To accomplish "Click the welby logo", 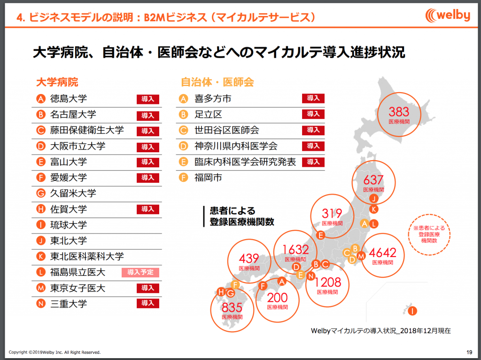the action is pos(448,16).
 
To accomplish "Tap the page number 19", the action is pos(469,352).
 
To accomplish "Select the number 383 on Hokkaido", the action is pos(399,112).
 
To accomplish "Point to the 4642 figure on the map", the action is pos(382,253).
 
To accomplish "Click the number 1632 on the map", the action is pos(295,250).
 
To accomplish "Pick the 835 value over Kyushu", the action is pos(232,307).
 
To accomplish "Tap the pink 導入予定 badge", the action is pos(140,272).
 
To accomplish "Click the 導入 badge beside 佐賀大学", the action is pos(148,209).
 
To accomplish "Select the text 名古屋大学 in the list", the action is pos(73,115).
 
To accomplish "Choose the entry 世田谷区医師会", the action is pos(227,130).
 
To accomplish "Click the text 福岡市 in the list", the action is pos(208,178).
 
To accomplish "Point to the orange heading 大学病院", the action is pos(57,82).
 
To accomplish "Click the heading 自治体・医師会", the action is pos(217,82).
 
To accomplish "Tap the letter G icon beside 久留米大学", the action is pos(40,193).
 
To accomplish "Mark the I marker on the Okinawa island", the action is pos(412,311).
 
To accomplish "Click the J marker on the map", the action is pos(373,199).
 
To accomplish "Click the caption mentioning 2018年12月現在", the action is pos(380,331).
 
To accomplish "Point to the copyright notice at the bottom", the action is pos(54,352).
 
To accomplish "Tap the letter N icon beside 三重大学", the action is pos(40,304).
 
